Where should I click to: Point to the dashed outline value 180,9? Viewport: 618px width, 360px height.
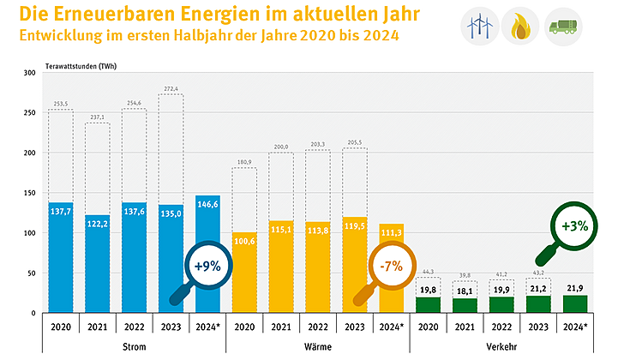243,162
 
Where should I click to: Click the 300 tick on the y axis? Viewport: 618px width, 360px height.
29,73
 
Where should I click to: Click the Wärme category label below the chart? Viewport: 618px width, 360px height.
318,347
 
